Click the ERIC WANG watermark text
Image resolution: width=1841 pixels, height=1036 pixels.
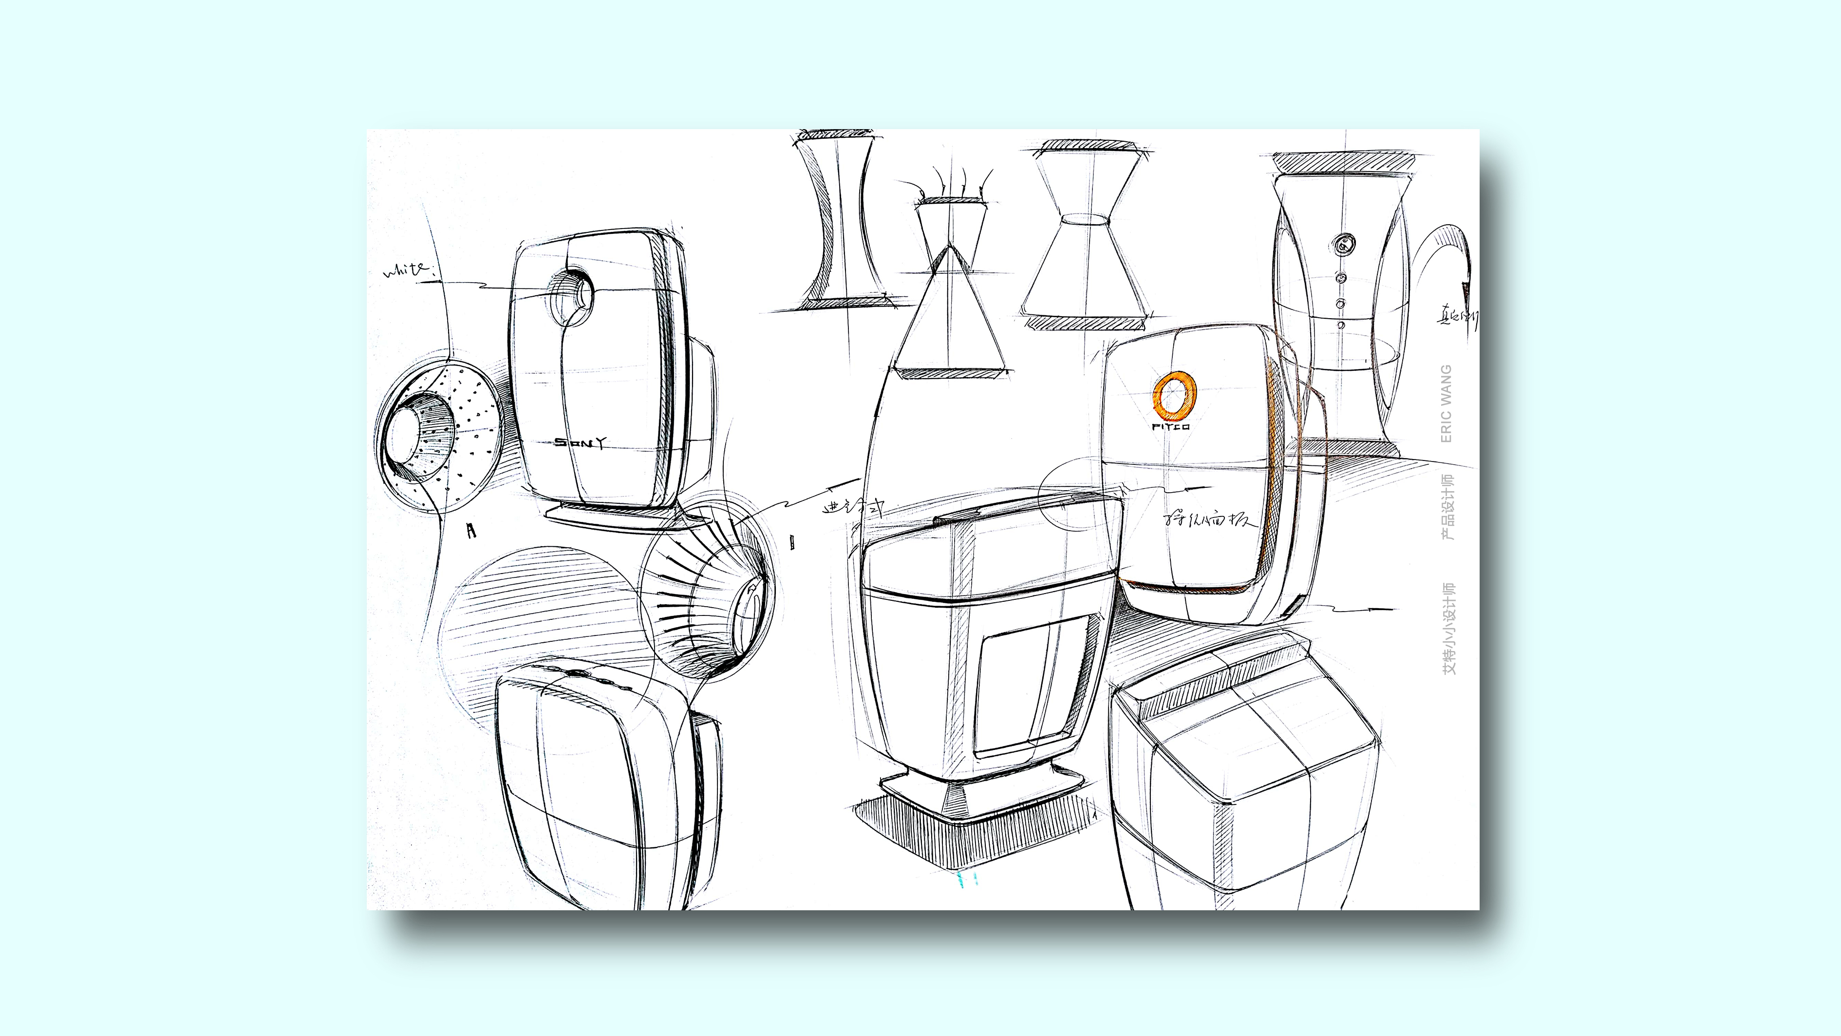[1446, 403]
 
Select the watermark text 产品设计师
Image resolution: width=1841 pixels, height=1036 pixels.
[1446, 506]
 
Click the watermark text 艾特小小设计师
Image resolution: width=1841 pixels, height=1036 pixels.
[1446, 629]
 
